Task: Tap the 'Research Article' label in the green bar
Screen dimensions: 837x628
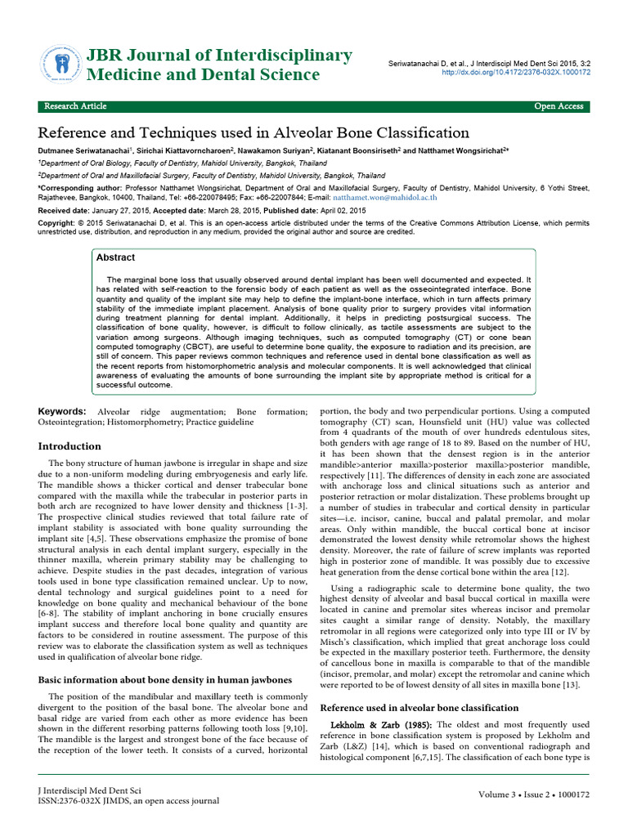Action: pyautogui.click(x=75, y=106)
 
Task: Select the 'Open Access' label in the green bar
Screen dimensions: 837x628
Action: pyautogui.click(x=558, y=106)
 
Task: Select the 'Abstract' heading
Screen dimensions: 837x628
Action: pyautogui.click(x=116, y=257)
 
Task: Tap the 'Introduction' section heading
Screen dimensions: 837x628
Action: pyautogui.click(x=70, y=446)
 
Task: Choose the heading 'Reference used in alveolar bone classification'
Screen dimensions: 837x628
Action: pyautogui.click(x=419, y=707)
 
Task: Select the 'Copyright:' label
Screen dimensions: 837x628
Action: pyautogui.click(x=57, y=222)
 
